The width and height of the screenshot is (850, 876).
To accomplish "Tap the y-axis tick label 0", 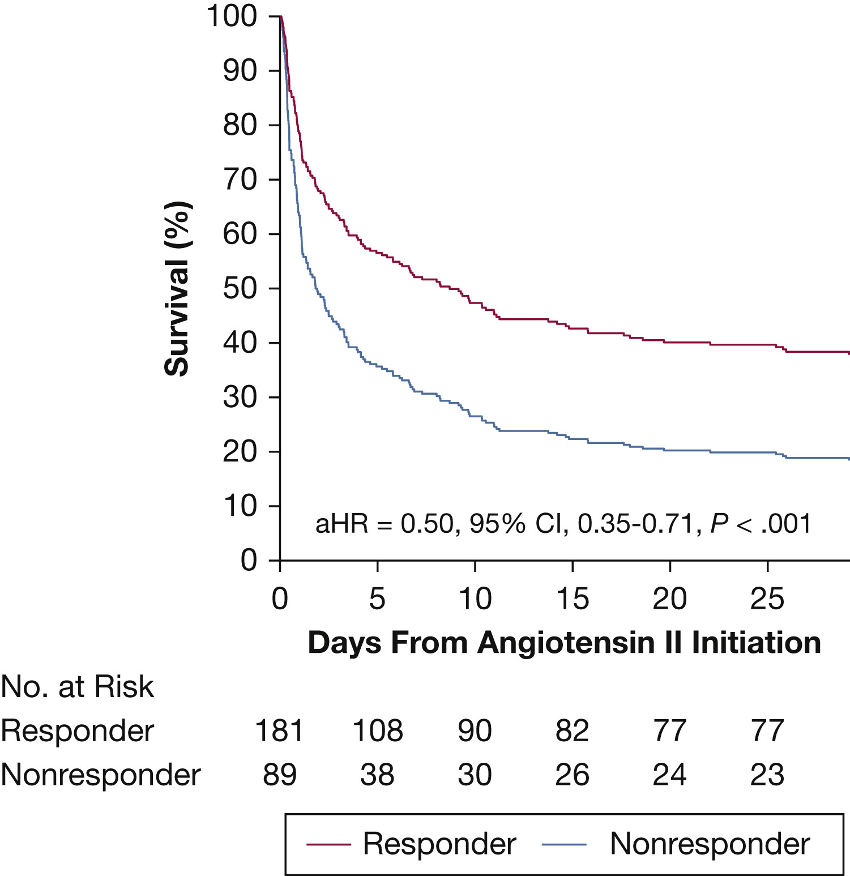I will coord(249,560).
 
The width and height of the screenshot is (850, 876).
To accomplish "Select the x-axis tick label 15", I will coord(572,599).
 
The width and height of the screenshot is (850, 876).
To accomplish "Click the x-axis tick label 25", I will coord(767,599).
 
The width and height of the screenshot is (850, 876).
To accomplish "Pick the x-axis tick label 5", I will coord(377,599).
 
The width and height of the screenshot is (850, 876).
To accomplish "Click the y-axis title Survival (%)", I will coord(177,289).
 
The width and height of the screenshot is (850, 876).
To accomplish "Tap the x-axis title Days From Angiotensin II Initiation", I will coord(564,643).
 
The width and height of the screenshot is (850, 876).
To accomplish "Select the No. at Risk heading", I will coord(78,687).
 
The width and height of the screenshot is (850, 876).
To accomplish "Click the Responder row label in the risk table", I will coord(78,730).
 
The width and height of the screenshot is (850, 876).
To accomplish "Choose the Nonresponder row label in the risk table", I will coord(101,774).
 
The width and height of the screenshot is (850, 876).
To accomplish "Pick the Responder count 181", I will coord(279,730).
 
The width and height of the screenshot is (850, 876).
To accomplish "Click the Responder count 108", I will coord(377,730).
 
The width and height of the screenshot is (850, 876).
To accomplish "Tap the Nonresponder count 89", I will coord(279,774).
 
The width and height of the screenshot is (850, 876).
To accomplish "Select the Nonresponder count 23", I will coord(767,774).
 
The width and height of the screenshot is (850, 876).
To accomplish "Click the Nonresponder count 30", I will coord(475,774).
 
